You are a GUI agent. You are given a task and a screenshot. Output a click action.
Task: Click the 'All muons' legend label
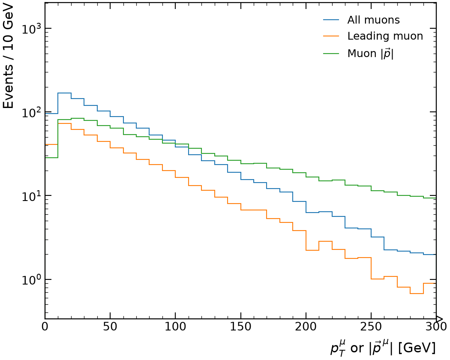[373, 20]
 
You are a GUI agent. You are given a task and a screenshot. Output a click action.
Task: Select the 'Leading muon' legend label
[385, 36]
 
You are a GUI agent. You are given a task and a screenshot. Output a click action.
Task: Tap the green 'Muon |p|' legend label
[370, 54]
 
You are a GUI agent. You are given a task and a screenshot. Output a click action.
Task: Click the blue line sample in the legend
[331, 20]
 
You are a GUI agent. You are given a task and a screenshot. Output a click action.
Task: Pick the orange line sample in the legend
[331, 36]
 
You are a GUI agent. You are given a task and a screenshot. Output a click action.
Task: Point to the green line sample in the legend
[331, 53]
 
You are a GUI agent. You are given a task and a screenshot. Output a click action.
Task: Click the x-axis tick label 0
[45, 327]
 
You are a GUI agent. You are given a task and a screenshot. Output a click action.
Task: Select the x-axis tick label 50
[110, 327]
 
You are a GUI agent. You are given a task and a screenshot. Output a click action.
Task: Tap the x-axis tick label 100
[175, 327]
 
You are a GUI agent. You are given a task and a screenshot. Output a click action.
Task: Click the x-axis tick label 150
[240, 327]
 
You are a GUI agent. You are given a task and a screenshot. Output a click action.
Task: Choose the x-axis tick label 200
[306, 327]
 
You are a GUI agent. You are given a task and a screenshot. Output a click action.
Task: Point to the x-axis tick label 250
[371, 327]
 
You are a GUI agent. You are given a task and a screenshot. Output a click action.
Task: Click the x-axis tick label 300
[436, 327]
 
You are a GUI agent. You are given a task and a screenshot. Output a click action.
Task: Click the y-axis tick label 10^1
[31, 196]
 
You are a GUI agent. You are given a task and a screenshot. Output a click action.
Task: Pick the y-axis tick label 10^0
[31, 279]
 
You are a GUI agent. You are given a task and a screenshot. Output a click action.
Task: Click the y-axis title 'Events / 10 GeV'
[8, 56]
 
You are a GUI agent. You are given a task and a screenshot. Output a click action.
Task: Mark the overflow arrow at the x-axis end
[440, 319]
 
